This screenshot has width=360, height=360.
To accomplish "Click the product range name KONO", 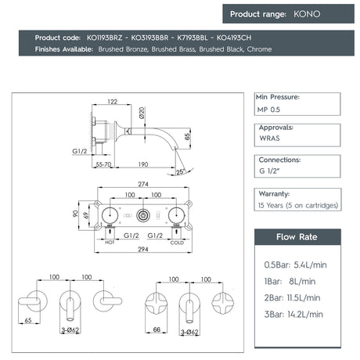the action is tap(307, 14).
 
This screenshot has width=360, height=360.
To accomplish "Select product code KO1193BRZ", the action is tap(104, 38).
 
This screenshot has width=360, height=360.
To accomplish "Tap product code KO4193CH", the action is tap(234, 38).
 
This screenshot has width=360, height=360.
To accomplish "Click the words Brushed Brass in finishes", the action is tap(174, 49).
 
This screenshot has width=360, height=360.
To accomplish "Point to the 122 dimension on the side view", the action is tap(113, 102).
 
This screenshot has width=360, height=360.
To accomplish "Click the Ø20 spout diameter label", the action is tap(142, 113).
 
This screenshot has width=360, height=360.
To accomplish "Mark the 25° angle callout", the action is tap(181, 171).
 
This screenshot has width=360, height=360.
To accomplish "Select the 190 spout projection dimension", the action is tap(143, 164).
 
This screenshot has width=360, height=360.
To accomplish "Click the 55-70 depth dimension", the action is tap(103, 164).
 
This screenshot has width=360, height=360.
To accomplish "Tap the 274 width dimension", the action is tap(143, 184).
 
